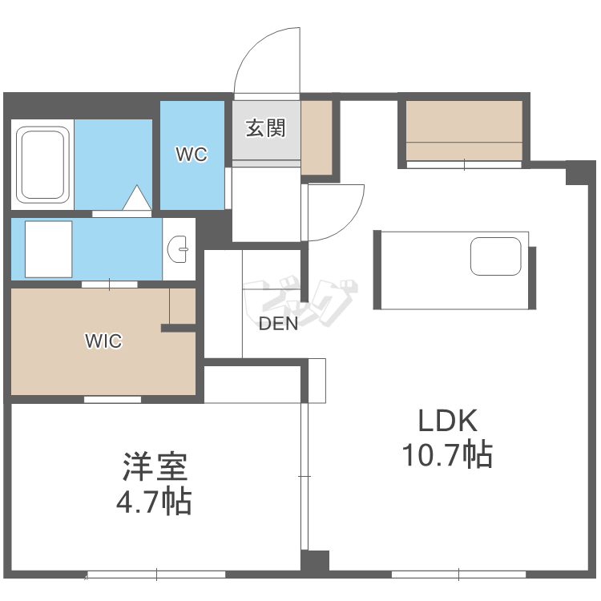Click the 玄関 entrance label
(x=265, y=128)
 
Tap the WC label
(x=192, y=155)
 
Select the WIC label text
(x=103, y=341)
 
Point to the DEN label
(x=278, y=324)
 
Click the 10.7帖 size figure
(x=446, y=455)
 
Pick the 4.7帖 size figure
(x=154, y=502)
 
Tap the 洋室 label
(x=154, y=467)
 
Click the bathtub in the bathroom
(x=42, y=165)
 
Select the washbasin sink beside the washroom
(x=179, y=249)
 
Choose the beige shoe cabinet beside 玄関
(x=316, y=136)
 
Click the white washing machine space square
(x=48, y=248)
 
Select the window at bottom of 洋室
(x=156, y=574)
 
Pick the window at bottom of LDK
(x=458, y=574)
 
